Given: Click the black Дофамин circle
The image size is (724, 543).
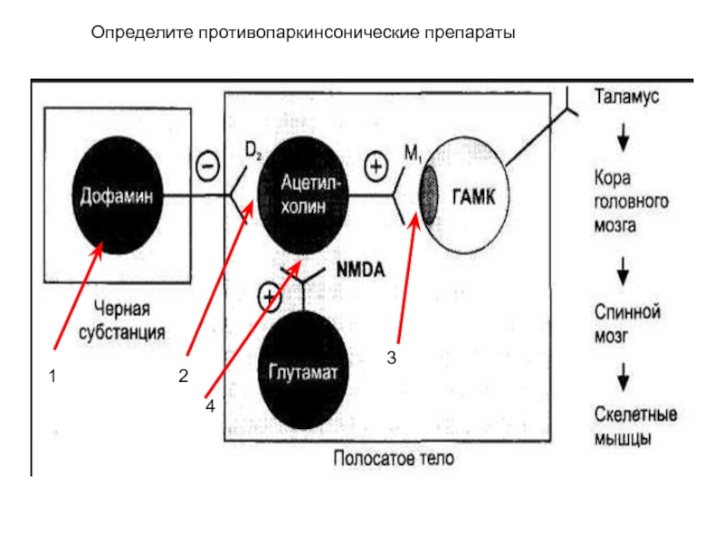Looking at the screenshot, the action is point(118,195).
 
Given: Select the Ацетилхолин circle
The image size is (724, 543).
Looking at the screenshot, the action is point(303,195).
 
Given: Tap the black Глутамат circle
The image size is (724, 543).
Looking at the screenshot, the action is point(303,370).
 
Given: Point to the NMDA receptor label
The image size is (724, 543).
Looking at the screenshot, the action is point(360,270).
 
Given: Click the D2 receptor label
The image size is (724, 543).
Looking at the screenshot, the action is point(252,150).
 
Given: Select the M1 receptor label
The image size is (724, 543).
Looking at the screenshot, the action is point(413,153).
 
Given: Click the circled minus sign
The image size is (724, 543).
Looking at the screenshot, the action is point(208,167).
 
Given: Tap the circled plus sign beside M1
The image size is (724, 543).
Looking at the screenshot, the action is point(376,167).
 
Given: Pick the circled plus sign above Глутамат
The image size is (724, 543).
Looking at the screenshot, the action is point(269,297).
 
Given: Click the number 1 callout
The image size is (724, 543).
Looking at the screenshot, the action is point(52,376).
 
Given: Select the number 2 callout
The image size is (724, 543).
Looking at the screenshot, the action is point(184,376).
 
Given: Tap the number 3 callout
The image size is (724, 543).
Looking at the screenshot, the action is point(392,357).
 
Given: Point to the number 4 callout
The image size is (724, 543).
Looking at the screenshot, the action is point(210,406).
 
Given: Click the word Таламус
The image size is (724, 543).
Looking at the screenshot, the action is point(626,97).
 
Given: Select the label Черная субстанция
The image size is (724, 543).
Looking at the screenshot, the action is point(122,320).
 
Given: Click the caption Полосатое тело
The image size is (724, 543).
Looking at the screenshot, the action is point(394,459).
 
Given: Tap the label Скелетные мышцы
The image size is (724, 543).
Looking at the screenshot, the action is point(636,426).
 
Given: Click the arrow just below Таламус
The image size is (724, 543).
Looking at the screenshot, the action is point(624,138).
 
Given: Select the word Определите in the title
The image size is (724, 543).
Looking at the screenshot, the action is point(142,33).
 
